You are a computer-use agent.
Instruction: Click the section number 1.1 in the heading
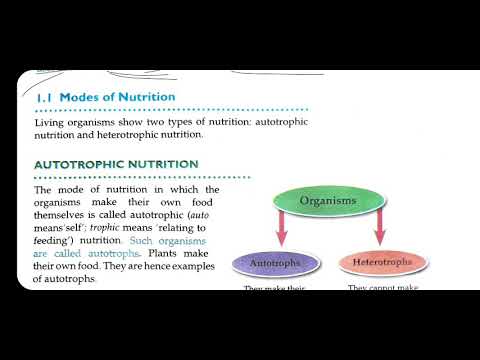point(44,97)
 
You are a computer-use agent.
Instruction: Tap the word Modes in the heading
point(81,97)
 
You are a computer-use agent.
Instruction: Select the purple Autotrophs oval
point(275,264)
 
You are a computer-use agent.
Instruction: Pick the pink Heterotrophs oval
point(382,264)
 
